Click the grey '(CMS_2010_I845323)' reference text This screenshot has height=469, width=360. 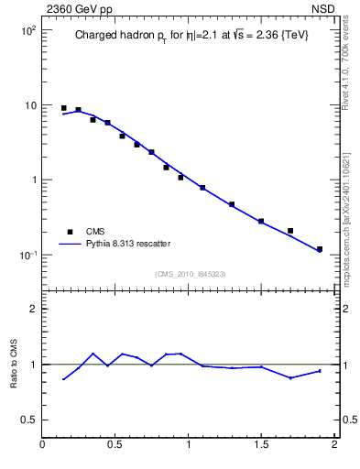[x=189, y=274]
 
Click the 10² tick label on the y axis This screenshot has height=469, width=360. [x=27, y=30]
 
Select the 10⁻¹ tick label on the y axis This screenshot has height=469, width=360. [x=27, y=255]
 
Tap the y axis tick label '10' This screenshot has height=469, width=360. [x=29, y=105]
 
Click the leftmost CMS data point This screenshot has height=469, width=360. [x=63, y=108]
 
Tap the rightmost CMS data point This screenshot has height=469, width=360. [x=320, y=249]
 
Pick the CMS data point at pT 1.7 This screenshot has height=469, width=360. [x=290, y=231]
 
